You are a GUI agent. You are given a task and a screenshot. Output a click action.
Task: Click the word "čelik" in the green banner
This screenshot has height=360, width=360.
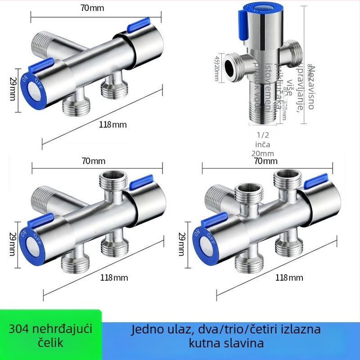[48, 343]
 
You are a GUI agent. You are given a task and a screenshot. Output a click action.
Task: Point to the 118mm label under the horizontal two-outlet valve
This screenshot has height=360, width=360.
[112, 125]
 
